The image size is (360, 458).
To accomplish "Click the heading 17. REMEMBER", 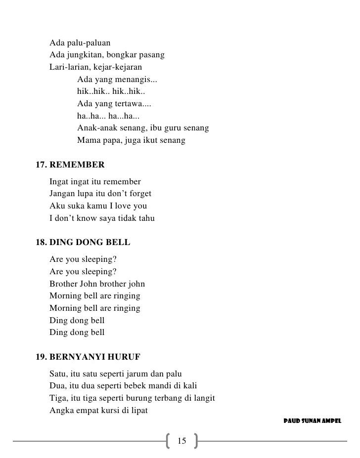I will [x=70, y=164].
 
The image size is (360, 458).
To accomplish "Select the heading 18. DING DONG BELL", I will [x=83, y=243].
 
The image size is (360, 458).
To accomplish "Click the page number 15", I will [x=181, y=441].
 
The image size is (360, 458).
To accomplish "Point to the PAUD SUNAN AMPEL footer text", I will [x=312, y=421].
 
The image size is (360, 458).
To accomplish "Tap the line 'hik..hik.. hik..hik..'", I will [x=111, y=92].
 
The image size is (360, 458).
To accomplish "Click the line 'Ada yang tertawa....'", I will [x=114, y=104].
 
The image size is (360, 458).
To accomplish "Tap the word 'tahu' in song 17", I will [x=145, y=218].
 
